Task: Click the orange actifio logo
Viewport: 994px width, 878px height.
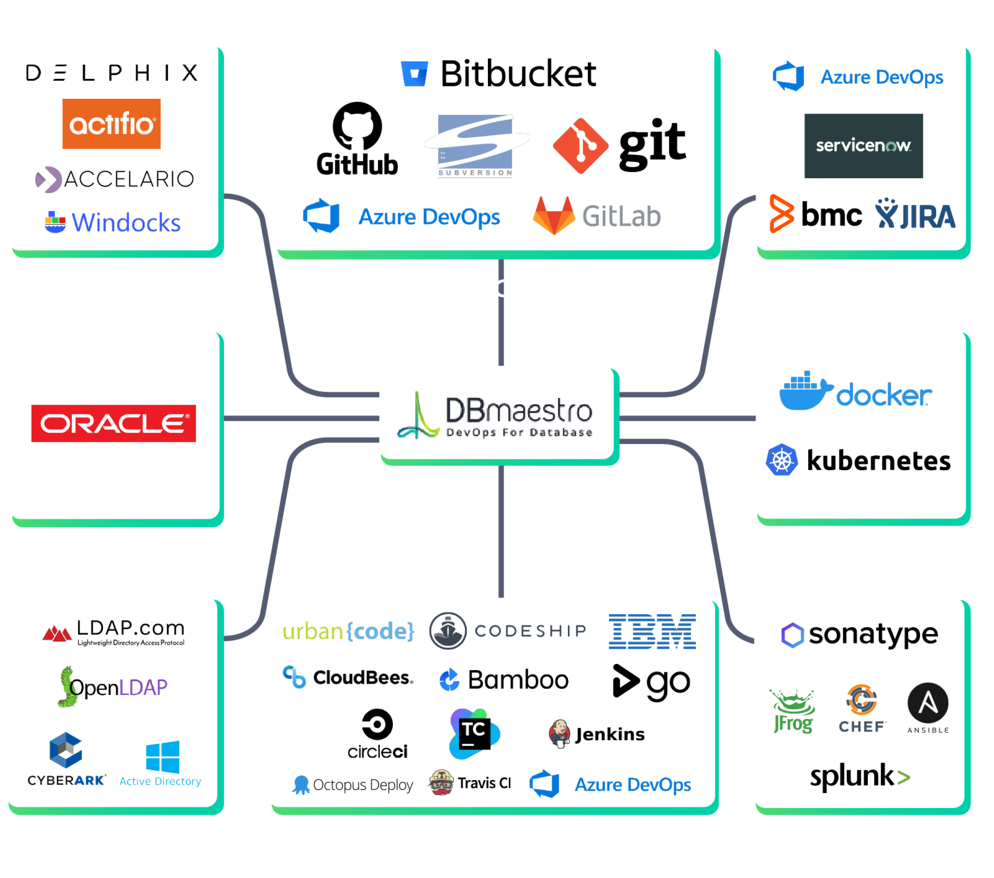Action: (x=111, y=124)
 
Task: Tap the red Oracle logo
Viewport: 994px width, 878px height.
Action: (x=113, y=423)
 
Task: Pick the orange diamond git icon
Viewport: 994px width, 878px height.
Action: (x=580, y=146)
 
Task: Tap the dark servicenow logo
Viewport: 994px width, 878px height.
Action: (x=863, y=146)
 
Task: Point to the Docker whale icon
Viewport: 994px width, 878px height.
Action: (x=805, y=391)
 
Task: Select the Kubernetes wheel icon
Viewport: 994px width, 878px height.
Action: (x=782, y=460)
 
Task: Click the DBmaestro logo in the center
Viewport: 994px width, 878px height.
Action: (x=496, y=414)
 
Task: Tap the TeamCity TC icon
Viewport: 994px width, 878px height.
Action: (x=474, y=733)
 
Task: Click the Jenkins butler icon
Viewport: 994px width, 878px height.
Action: (x=559, y=734)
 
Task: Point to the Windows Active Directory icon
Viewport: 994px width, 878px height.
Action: (x=163, y=757)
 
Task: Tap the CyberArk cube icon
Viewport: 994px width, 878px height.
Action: (x=66, y=751)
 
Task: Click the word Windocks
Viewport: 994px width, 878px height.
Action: (x=126, y=223)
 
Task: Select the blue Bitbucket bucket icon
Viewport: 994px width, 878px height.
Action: (x=414, y=74)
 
